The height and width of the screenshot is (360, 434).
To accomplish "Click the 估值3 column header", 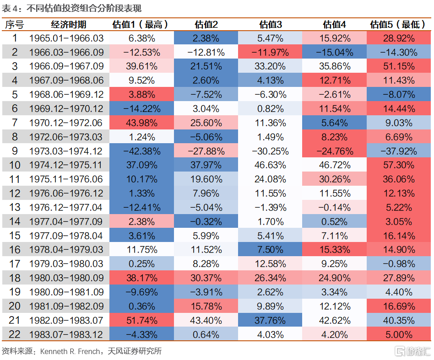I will coord(270,25).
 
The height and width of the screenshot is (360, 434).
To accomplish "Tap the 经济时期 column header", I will coord(67,25).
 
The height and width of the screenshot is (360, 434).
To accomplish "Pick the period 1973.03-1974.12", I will coord(67,151).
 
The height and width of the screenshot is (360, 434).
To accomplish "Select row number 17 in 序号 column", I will coord(15,264).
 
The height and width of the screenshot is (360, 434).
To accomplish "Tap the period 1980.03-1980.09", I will coord(67,278).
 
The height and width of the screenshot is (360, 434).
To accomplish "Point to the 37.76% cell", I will coord(270,320).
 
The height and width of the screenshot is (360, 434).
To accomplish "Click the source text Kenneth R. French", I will coord(71,351).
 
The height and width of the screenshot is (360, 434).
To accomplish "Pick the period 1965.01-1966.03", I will coord(67,38).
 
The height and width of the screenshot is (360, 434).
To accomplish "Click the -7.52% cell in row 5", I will coord(206,95).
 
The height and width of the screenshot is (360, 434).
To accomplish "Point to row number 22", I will coord(15,334).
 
